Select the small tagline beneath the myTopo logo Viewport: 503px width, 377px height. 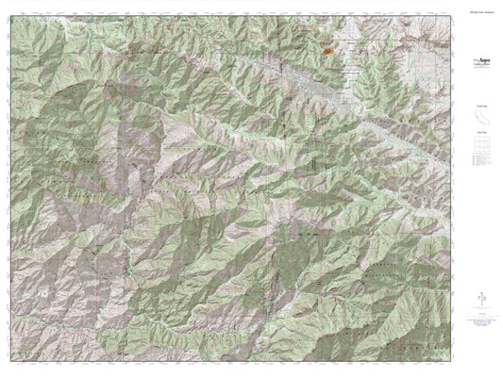point(480,64)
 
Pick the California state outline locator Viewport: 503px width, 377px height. point(480,119)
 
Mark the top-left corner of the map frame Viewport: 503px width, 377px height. point(12,25)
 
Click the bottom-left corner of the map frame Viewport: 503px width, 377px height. point(12,354)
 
